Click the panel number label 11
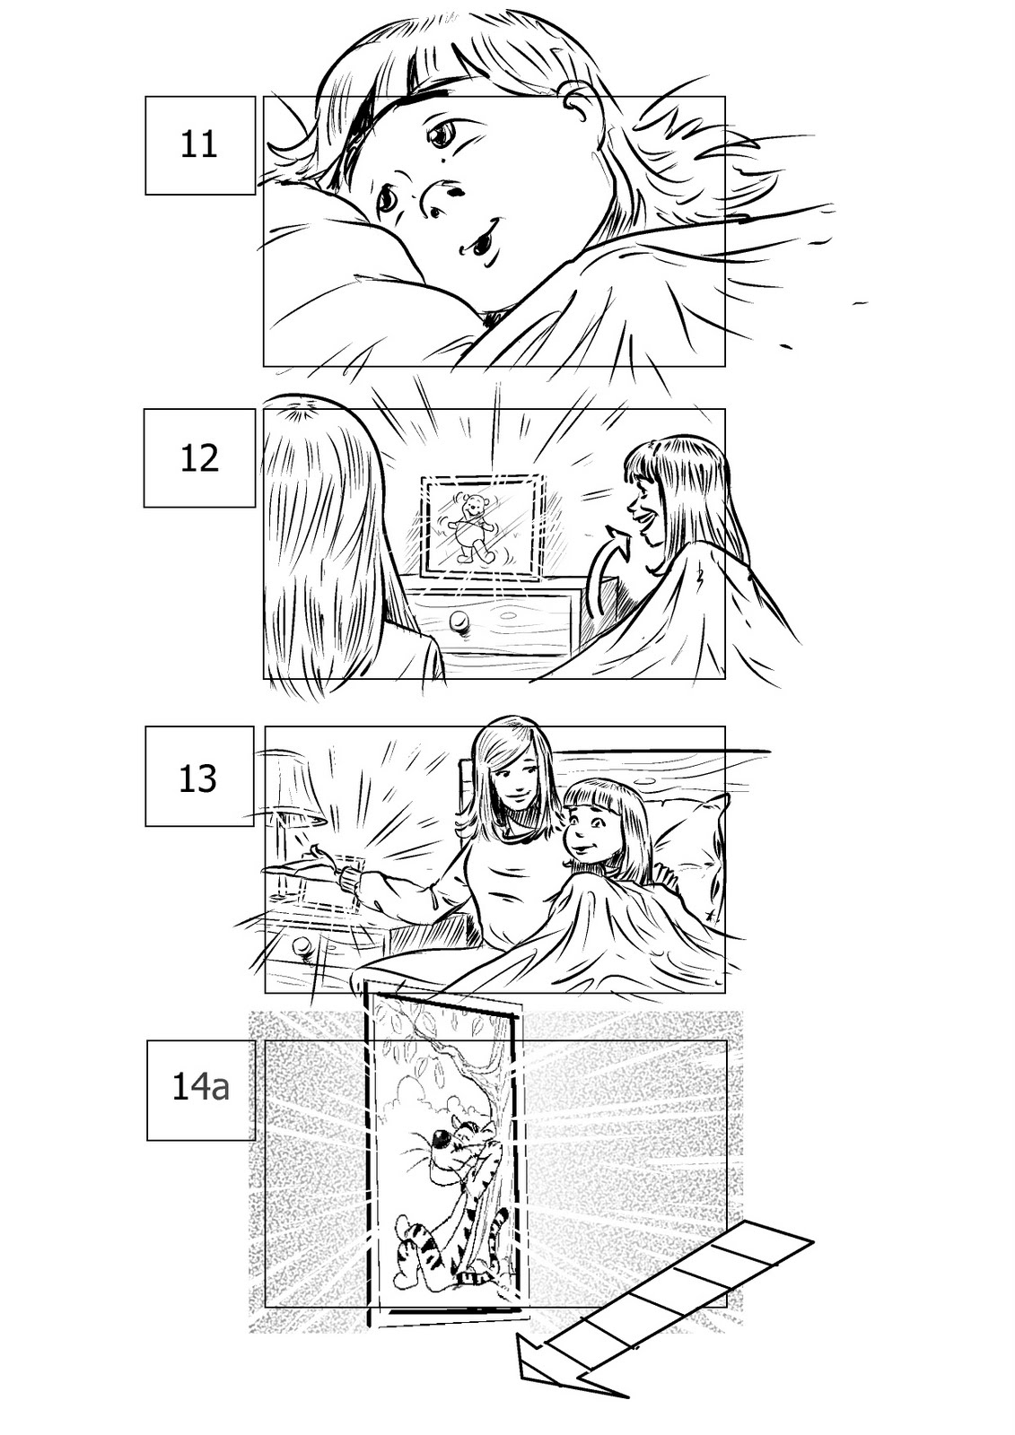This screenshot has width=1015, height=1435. [199, 144]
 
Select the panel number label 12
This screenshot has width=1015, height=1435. [199, 458]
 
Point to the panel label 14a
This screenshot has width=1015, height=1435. [200, 1088]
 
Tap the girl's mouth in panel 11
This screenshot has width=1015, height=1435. [480, 239]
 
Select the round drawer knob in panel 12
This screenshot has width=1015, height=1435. [459, 622]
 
